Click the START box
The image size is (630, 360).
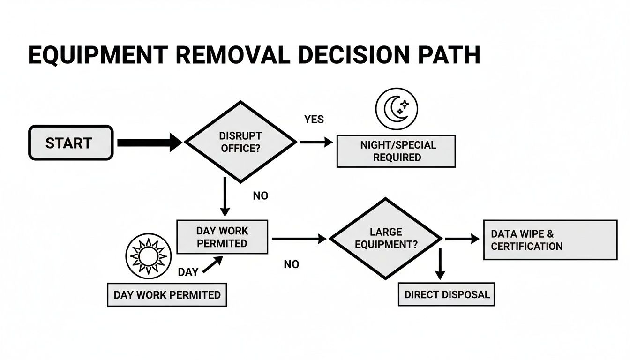71,143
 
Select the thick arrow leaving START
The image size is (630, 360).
149,142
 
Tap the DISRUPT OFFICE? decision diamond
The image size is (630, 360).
240,142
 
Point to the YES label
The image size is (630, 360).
314,120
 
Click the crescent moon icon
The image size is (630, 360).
396,108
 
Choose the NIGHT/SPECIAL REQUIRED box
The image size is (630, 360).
396,151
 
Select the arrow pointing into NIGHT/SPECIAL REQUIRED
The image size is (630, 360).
316,142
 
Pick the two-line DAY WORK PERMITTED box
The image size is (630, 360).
222,237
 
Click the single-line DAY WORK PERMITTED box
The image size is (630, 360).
167,295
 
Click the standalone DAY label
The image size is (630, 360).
188,272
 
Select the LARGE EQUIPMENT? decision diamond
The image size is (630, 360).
386,238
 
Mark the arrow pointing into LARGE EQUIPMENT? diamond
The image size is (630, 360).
299,239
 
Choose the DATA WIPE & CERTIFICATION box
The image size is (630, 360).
550,240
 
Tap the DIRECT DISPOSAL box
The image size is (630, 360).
446,294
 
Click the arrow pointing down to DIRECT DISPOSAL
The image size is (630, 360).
440,265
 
